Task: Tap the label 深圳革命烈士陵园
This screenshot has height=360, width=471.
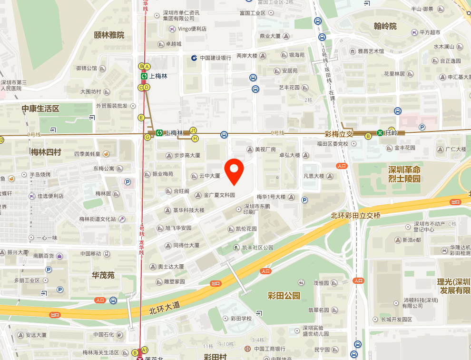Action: click(x=404, y=174)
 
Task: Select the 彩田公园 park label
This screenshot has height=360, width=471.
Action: click(x=285, y=296)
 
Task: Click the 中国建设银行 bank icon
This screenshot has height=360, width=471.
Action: click(x=194, y=58)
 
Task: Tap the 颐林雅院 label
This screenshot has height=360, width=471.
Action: click(x=109, y=35)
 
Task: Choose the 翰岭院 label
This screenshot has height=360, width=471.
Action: click(x=385, y=26)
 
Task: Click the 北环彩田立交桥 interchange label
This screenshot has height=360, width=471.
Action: click(x=356, y=215)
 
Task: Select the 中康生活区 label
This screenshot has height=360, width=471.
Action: click(x=40, y=109)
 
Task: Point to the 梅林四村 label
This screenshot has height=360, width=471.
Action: click(x=46, y=152)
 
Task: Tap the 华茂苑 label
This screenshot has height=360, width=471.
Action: click(x=103, y=275)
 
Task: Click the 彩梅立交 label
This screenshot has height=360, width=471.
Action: click(x=339, y=134)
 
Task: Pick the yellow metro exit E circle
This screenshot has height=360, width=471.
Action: click(x=141, y=118)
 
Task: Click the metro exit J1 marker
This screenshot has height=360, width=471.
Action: click(x=193, y=130)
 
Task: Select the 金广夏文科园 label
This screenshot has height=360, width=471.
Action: click(x=219, y=195)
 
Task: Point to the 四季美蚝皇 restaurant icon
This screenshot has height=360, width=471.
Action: click(x=106, y=154)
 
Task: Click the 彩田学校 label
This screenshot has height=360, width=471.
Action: click(x=241, y=318)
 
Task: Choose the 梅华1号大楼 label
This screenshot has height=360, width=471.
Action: click(x=271, y=197)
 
